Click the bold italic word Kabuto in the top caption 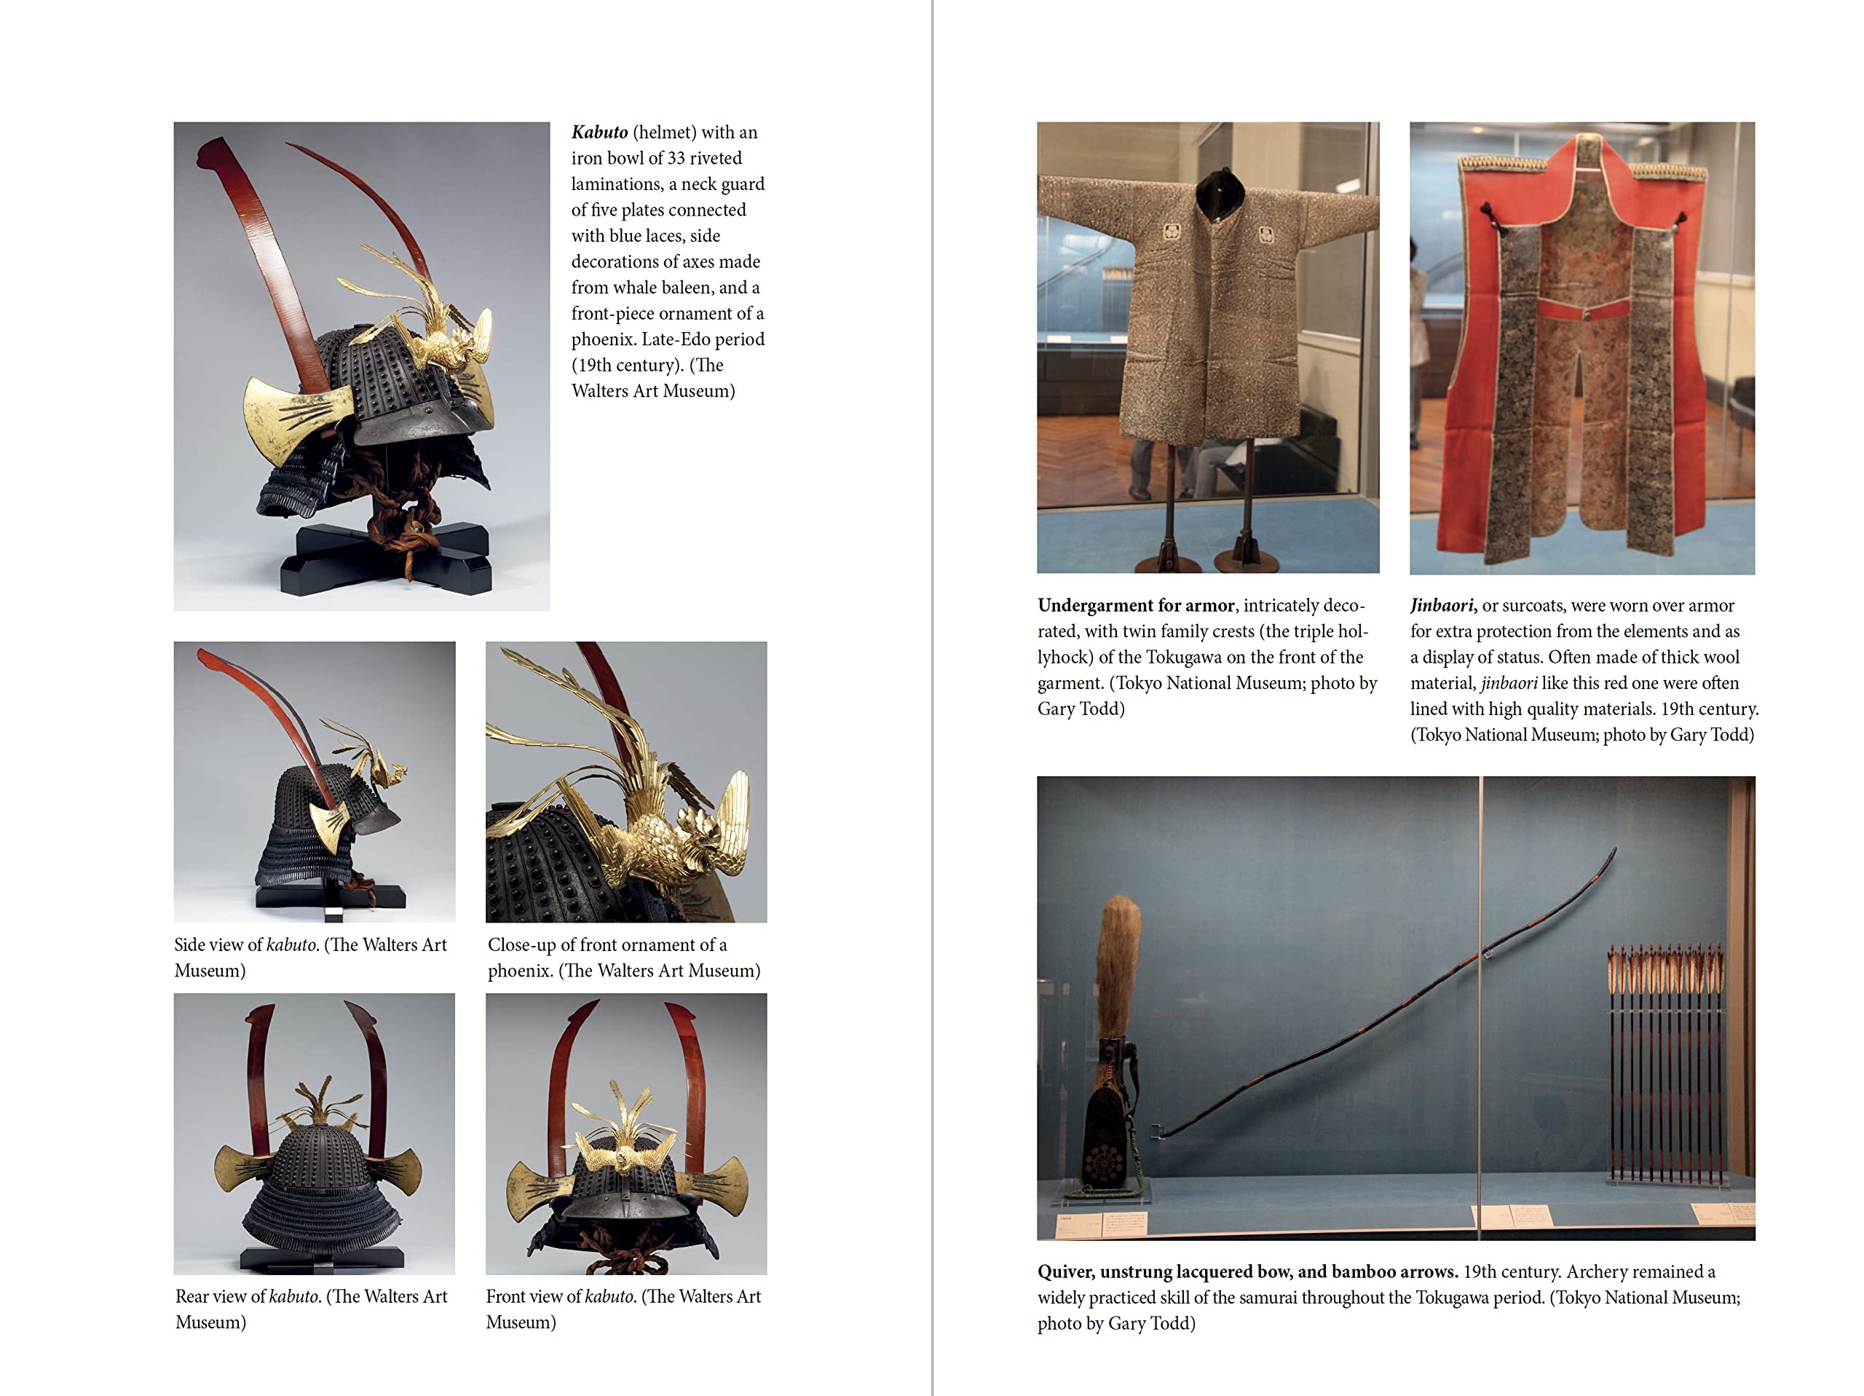tap(599, 133)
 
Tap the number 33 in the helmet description tap(676, 159)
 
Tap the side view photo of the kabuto tap(315, 781)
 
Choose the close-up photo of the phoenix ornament tap(626, 781)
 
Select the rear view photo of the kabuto tap(315, 1134)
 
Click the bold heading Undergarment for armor tap(1136, 605)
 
